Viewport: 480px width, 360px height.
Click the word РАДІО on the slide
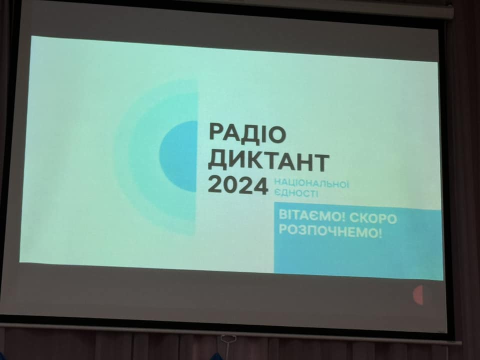tap(247, 133)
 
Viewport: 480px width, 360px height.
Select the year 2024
tap(238, 185)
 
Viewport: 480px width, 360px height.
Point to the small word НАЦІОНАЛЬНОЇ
tap(311, 183)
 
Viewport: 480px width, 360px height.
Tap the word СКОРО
tap(373, 218)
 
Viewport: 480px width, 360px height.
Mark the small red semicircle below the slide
tap(418, 295)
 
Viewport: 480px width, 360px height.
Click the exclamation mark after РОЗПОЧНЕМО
tap(380, 232)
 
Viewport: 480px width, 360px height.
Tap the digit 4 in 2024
tap(260, 186)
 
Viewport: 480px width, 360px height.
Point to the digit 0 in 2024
tap(230, 185)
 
